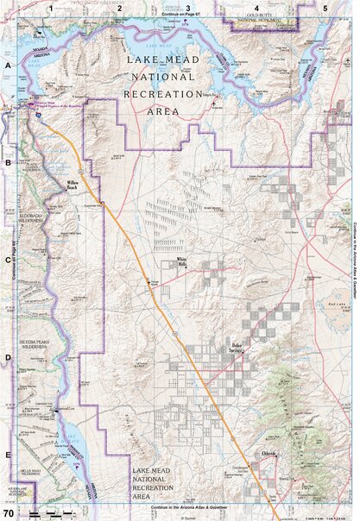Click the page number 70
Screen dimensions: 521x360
pos(8,512)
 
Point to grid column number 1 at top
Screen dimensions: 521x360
pos(52,7)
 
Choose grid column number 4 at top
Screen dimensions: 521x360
pos(257,7)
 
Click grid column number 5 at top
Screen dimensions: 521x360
pos(325,7)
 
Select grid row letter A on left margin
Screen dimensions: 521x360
pos(8,66)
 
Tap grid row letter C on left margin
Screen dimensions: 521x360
pos(8,259)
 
